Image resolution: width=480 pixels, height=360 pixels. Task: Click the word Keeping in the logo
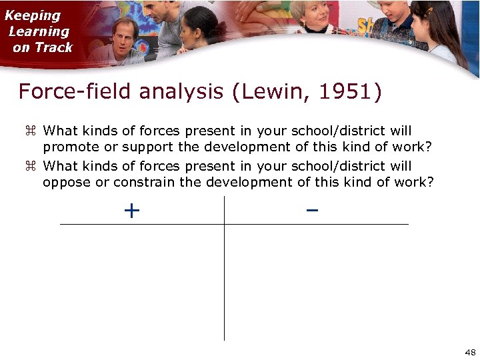tap(33, 15)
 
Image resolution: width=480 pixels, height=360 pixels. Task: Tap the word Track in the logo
tap(55, 47)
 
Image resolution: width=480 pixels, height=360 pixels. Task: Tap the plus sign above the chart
tap(132, 211)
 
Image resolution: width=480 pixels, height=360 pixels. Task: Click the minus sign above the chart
tap(312, 211)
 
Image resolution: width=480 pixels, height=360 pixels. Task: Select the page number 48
tap(469, 352)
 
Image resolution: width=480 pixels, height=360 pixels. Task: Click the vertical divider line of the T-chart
tap(225, 280)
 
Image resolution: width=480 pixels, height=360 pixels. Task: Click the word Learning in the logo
tap(39, 31)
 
